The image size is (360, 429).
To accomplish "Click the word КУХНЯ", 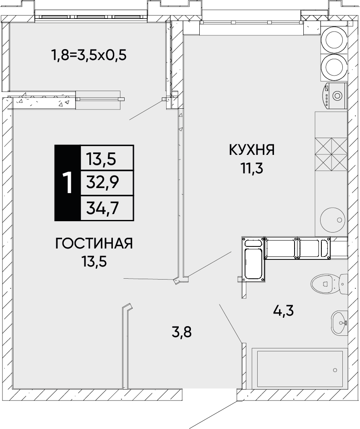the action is point(251,150).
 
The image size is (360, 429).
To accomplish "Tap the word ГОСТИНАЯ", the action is point(94,243).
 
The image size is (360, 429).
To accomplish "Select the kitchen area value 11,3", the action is point(252,169).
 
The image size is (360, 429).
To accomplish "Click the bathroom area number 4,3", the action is point(283,311).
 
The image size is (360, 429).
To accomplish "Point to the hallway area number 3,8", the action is point(181,332).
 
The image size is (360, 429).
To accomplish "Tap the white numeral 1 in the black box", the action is point(68,183).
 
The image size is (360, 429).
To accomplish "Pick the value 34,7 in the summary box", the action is point(102,208).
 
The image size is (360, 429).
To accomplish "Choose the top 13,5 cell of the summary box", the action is point(102,159).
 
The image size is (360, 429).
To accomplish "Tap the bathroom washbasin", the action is point(339,323).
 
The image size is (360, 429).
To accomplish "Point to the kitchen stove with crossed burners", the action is point(331,154).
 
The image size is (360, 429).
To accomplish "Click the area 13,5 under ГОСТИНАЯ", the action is point(94,262).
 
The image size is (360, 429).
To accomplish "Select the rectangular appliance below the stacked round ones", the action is point(334,96).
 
